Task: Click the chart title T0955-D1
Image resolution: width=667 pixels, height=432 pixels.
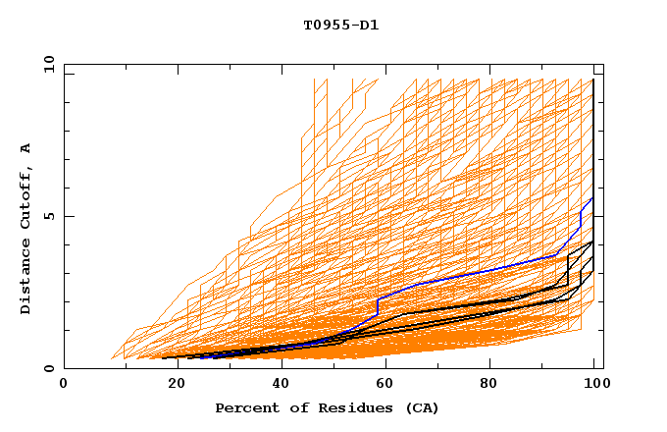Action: coord(340,26)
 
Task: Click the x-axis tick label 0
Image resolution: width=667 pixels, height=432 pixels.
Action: coord(64,384)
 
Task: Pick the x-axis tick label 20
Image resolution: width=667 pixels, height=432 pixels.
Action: coord(172,384)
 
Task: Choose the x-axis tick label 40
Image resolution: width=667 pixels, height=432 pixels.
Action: coord(280,384)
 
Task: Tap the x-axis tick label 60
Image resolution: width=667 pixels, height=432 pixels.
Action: coord(387,384)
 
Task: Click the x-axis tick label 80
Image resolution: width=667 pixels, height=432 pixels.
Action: coord(495,384)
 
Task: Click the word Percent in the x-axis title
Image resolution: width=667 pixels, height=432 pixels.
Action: coord(245,407)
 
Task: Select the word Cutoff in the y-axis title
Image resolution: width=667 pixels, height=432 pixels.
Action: coord(26,196)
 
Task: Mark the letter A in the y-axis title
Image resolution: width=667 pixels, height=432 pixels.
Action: coord(26,147)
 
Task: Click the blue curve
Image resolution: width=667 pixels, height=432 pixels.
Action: coord(471,271)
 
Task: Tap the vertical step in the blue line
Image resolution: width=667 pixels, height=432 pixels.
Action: coord(378,305)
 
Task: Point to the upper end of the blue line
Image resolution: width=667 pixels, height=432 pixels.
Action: coord(592,198)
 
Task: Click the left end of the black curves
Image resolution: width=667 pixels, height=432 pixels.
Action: coord(164,357)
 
